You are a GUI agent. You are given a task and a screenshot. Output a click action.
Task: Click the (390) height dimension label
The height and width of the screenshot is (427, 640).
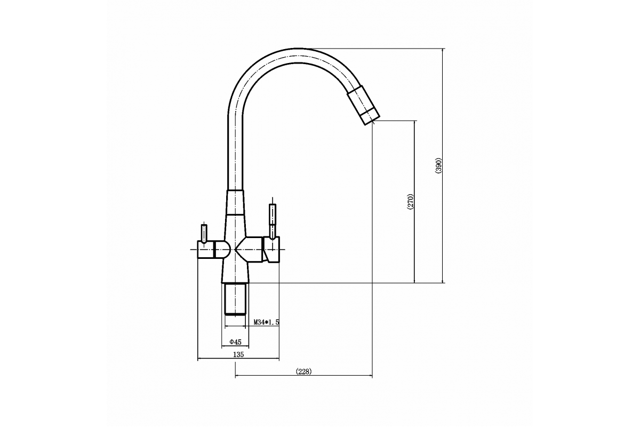tap(438, 165)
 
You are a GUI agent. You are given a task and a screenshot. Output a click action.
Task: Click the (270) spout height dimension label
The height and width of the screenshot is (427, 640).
tap(411, 202)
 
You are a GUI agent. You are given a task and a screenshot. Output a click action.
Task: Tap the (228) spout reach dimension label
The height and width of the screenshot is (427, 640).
tap(303, 371)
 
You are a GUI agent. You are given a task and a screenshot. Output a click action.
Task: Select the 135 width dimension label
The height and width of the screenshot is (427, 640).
tap(238, 354)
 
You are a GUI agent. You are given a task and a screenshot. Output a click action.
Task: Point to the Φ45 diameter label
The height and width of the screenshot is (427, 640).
tap(235, 342)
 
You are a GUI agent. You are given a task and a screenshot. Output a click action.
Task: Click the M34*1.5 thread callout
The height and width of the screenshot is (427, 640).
tap(266, 322)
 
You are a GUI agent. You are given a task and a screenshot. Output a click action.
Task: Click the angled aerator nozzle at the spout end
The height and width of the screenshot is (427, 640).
tap(363, 105)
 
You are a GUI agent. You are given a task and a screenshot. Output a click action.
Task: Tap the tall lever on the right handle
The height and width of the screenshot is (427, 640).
tap(273, 221)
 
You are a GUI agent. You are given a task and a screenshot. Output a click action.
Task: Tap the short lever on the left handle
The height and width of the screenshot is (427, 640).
tap(204, 234)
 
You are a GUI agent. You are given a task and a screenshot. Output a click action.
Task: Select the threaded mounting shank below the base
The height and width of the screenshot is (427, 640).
tap(235, 299)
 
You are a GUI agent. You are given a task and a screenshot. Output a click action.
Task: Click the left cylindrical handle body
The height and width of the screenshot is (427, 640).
tap(206, 249)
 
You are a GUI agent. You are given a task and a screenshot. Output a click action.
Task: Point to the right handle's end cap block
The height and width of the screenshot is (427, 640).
tap(271, 249)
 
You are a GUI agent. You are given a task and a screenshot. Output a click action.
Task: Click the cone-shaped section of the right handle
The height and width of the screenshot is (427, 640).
tap(249, 249)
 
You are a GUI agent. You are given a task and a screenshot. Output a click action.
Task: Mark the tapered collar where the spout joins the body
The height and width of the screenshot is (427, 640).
tap(235, 202)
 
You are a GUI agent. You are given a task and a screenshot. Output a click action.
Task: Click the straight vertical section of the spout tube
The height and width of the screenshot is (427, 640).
tap(235, 154)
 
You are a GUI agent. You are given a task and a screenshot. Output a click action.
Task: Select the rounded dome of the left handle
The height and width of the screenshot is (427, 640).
tap(222, 249)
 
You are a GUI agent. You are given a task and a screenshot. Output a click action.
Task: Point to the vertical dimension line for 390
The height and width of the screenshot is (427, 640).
tap(443, 165)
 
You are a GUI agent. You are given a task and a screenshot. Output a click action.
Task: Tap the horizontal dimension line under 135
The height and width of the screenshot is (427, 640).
tap(238, 358)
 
